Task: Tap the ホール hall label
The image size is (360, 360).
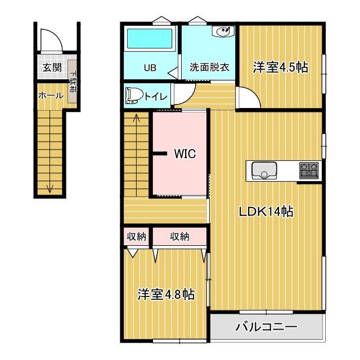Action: [x=51, y=96]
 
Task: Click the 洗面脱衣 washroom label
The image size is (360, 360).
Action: [x=209, y=67]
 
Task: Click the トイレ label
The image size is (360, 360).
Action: [x=155, y=96]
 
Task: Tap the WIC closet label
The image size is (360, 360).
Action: [x=184, y=154]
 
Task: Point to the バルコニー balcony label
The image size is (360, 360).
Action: [x=265, y=326]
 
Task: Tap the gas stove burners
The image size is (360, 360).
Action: [x=308, y=169]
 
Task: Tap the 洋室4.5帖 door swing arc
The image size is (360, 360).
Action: [x=249, y=98]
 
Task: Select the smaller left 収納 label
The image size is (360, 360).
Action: [x=136, y=237]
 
